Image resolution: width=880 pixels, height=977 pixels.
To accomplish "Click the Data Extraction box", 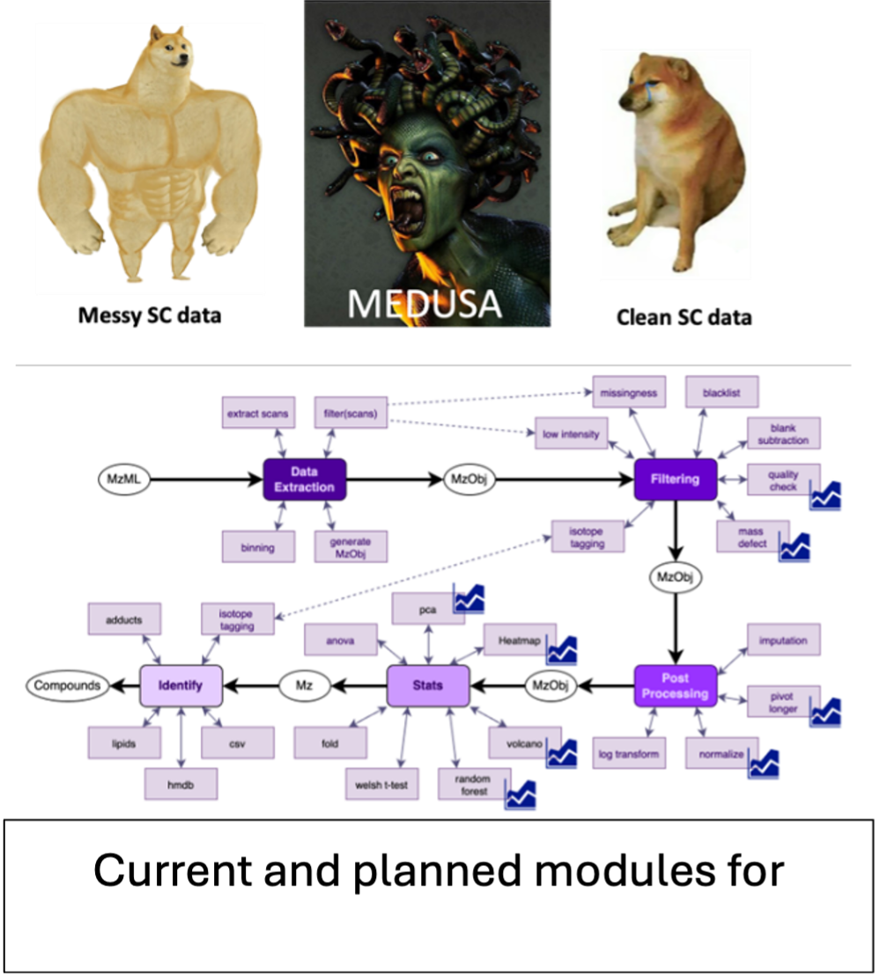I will pyautogui.click(x=304, y=479).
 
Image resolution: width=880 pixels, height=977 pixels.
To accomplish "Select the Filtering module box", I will pyautogui.click(x=675, y=479).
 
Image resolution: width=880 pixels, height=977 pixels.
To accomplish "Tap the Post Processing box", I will pyautogui.click(x=675, y=685).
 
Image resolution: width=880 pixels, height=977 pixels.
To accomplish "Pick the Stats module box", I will pyautogui.click(x=427, y=685).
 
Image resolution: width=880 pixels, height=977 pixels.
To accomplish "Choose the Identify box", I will pyautogui.click(x=181, y=685).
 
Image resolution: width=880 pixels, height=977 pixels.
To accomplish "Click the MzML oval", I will pyautogui.click(x=123, y=480).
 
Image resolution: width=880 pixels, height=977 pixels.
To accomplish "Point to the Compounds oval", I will pyautogui.click(x=67, y=685).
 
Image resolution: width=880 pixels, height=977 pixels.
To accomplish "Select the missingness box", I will pyautogui.click(x=630, y=393).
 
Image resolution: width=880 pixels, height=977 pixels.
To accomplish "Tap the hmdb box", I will pyautogui.click(x=180, y=783).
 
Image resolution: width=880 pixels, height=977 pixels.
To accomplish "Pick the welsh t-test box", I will pyautogui.click(x=381, y=783).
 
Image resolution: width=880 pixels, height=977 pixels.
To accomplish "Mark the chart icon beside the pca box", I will pyautogui.click(x=469, y=598).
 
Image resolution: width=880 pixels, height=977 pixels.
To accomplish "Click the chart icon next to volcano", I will pyautogui.click(x=561, y=753).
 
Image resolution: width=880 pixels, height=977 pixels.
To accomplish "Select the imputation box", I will pyautogui.click(x=783, y=640).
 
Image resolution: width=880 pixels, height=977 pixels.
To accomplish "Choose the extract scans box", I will pyautogui.click(x=256, y=412).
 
